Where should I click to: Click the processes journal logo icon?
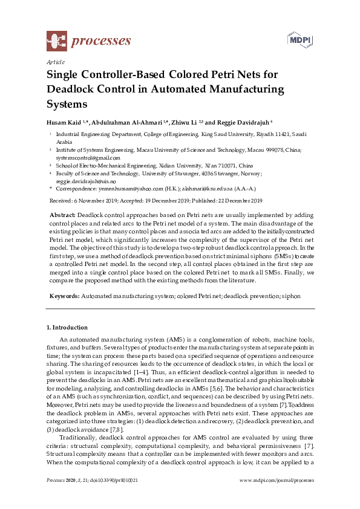tap(57, 41)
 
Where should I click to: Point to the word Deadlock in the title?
tap(73, 89)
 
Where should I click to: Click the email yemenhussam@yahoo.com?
tap(121, 189)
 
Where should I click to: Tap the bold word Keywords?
tap(64, 297)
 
